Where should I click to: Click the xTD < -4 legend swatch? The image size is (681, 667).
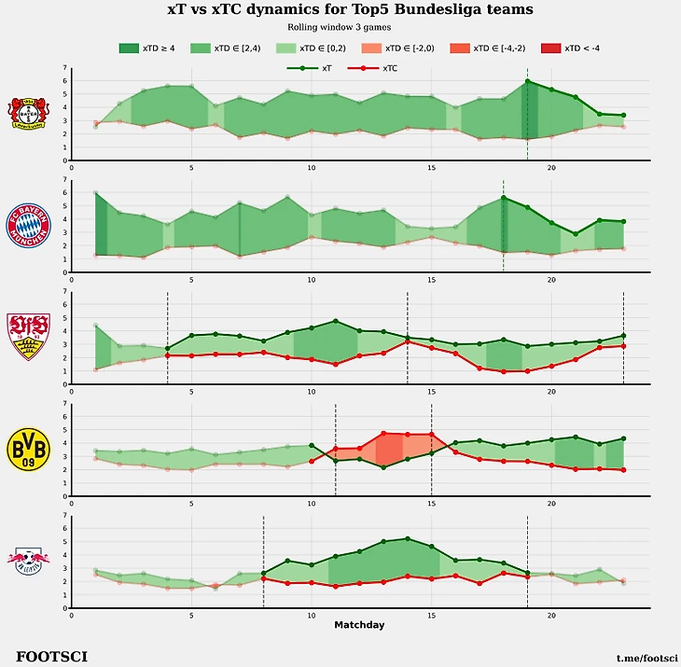pyautogui.click(x=546, y=48)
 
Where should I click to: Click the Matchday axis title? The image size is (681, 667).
pyautogui.click(x=359, y=624)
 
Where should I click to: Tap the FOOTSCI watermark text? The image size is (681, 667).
pyautogui.click(x=52, y=657)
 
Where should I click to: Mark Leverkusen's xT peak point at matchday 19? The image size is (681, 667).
pyautogui.click(x=527, y=81)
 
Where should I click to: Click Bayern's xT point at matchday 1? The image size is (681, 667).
pyautogui.click(x=95, y=193)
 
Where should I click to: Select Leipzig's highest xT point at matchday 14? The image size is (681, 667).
pyautogui.click(x=407, y=538)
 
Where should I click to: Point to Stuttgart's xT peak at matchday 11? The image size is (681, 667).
pyautogui.click(x=335, y=321)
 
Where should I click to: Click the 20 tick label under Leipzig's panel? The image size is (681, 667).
pyautogui.click(x=551, y=615)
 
